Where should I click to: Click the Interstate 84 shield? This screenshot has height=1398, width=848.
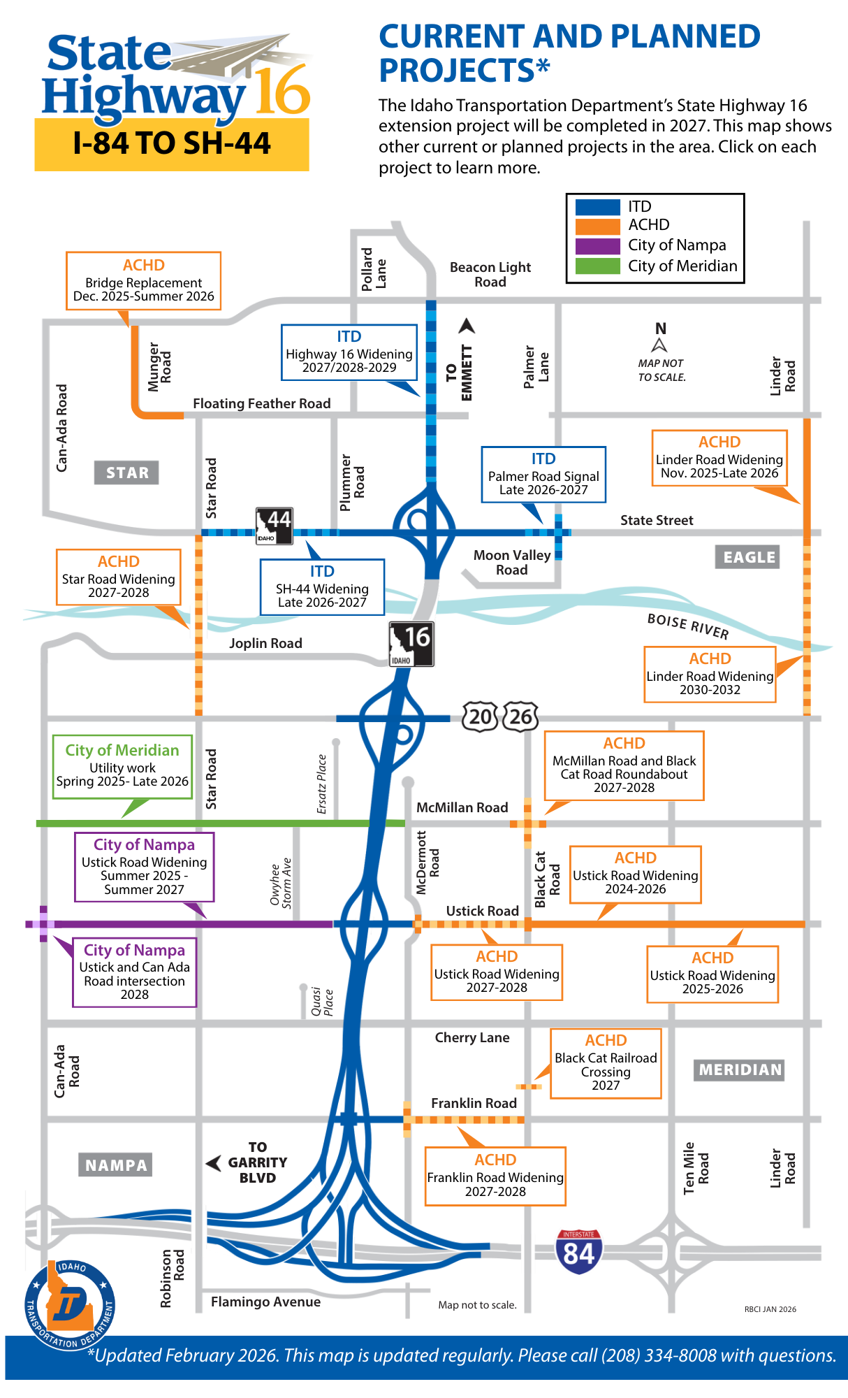coord(578,1252)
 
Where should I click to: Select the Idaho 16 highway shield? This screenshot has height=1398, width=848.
coord(411,644)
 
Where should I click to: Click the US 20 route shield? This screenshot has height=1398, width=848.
coord(480,716)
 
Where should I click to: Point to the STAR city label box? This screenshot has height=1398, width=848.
coord(126,473)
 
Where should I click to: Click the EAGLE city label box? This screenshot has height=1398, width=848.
coord(747,557)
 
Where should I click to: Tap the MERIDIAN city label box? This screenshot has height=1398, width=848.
coord(739,1069)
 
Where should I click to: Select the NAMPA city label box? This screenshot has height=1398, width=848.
coord(115,1165)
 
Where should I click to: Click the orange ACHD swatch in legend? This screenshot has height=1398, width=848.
coord(597,226)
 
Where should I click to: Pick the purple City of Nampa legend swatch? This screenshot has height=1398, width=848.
coord(597,246)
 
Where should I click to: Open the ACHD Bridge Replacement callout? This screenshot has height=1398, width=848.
coord(143,280)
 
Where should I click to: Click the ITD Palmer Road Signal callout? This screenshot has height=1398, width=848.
coord(543,474)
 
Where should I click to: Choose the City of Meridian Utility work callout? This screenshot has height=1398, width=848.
coord(122,766)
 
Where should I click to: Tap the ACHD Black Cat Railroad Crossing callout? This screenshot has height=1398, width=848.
coord(606,1062)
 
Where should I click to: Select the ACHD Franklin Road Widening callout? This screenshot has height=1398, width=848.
coord(495,1176)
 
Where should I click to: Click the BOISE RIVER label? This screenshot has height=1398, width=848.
coord(688,626)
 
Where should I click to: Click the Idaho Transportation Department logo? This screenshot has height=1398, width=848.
coord(70,1304)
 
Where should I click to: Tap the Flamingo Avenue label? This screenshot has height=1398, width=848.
coord(265,1302)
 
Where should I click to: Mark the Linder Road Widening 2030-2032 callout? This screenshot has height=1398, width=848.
coord(710,674)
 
